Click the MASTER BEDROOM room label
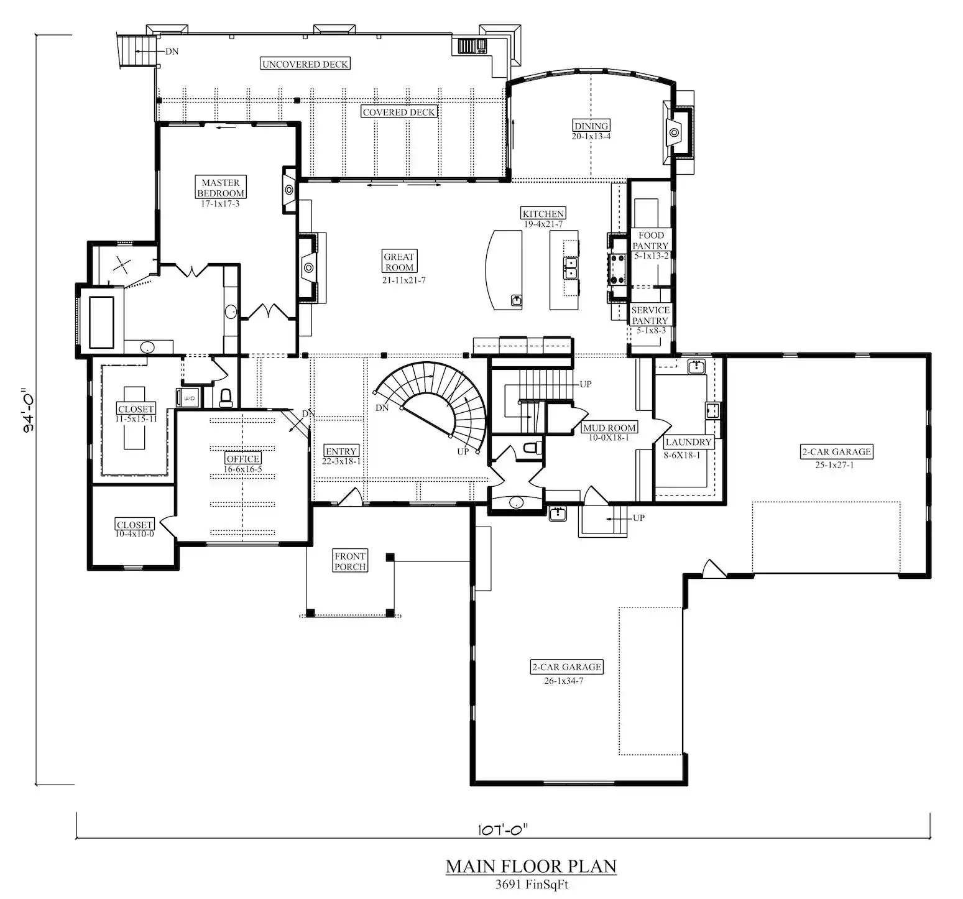pyautogui.click(x=221, y=188)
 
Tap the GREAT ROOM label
pyautogui.click(x=399, y=262)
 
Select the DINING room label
pyautogui.click(x=591, y=126)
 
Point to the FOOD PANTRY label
pyautogui.click(x=651, y=241)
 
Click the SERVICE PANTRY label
pyautogui.click(x=650, y=315)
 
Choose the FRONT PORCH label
pyautogui.click(x=350, y=561)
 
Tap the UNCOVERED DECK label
pyautogui.click(x=305, y=64)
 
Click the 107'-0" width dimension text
pyautogui.click(x=504, y=829)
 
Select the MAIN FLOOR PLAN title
pyautogui.click(x=531, y=866)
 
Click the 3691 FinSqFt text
pyautogui.click(x=532, y=884)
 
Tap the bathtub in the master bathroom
pyautogui.click(x=101, y=322)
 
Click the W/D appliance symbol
pyautogui.click(x=188, y=398)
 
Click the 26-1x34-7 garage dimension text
pyautogui.click(x=564, y=681)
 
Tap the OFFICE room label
pyautogui.click(x=242, y=459)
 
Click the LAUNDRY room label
pyautogui.click(x=688, y=442)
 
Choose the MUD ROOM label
pyautogui.click(x=609, y=428)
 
